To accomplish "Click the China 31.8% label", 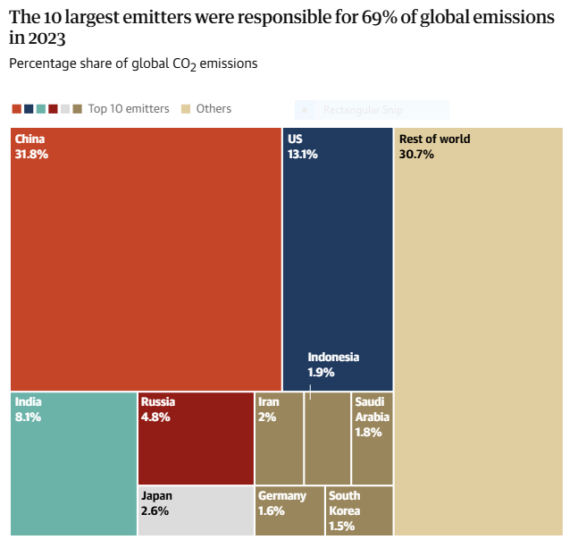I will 31,147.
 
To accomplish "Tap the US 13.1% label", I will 302,147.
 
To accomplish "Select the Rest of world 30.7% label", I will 434,147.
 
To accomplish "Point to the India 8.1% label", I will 28,409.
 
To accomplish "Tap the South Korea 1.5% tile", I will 359,510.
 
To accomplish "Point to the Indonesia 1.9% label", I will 333,364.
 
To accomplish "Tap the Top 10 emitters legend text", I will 129,109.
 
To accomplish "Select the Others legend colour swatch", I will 187,109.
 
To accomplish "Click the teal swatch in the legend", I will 41,109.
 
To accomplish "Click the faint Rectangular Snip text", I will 363,110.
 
